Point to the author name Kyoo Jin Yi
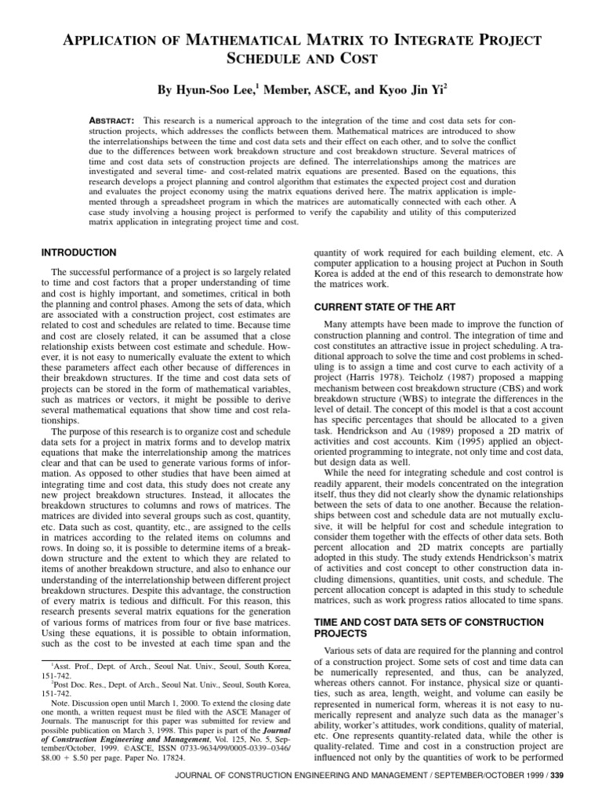pos(408,92)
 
